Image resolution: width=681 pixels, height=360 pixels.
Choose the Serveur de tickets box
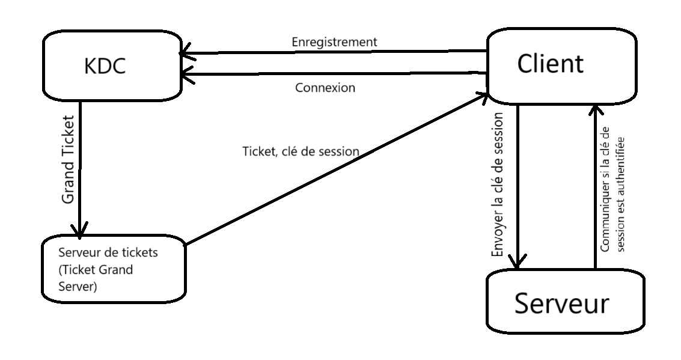coord(113,270)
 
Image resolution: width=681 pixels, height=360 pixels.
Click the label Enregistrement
coord(334,41)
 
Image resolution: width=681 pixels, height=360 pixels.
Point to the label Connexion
coord(325,87)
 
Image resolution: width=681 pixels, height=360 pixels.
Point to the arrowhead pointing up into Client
coord(594,111)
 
